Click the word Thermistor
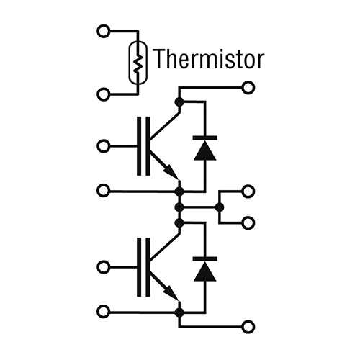208,59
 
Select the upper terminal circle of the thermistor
104,31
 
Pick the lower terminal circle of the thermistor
104,94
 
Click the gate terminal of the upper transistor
104,146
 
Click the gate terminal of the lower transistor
104,267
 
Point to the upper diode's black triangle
204,150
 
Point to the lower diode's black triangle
204,271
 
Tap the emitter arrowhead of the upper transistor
171,171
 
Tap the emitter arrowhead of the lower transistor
171,292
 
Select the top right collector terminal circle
248,88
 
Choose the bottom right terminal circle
248,327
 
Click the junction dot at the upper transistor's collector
179,102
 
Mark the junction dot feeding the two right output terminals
219,207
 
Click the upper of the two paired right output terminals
248,192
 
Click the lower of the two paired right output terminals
248,223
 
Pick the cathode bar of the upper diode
205,138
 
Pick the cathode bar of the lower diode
205,258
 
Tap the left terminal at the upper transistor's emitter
104,191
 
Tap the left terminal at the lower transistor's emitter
104,312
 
